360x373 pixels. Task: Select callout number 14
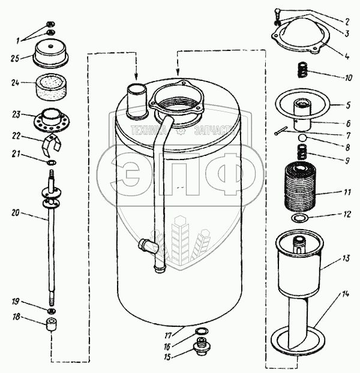click(x=344, y=294)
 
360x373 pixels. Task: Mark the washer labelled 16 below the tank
click(x=203, y=332)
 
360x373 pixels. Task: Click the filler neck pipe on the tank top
click(x=137, y=98)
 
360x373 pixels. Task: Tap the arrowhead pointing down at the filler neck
click(x=137, y=76)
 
